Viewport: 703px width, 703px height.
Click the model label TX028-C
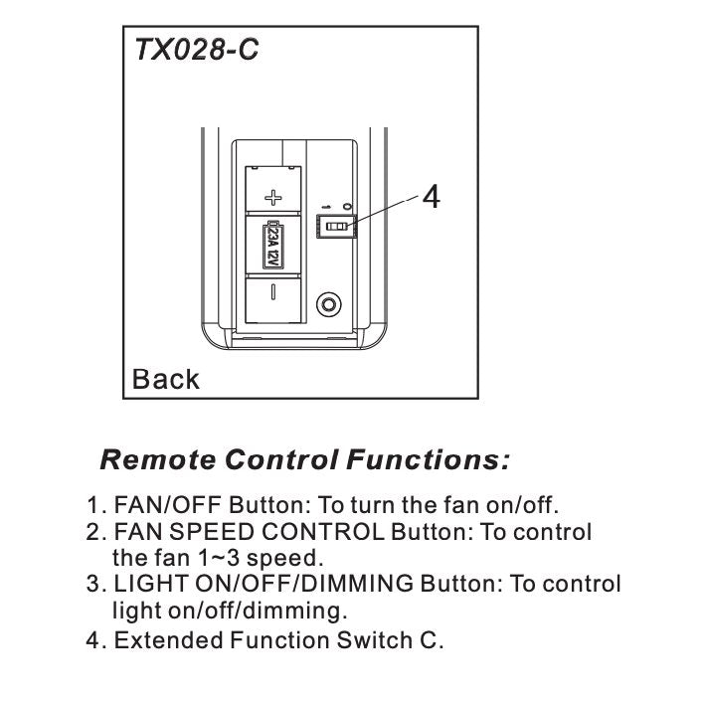[x=197, y=50]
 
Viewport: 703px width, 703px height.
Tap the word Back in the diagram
[x=166, y=379]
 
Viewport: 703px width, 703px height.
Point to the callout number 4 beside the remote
[x=431, y=197]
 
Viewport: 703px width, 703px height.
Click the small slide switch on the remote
[x=336, y=228]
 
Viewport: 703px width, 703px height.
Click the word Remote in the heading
[x=159, y=460]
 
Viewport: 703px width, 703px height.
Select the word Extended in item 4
[x=161, y=639]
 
